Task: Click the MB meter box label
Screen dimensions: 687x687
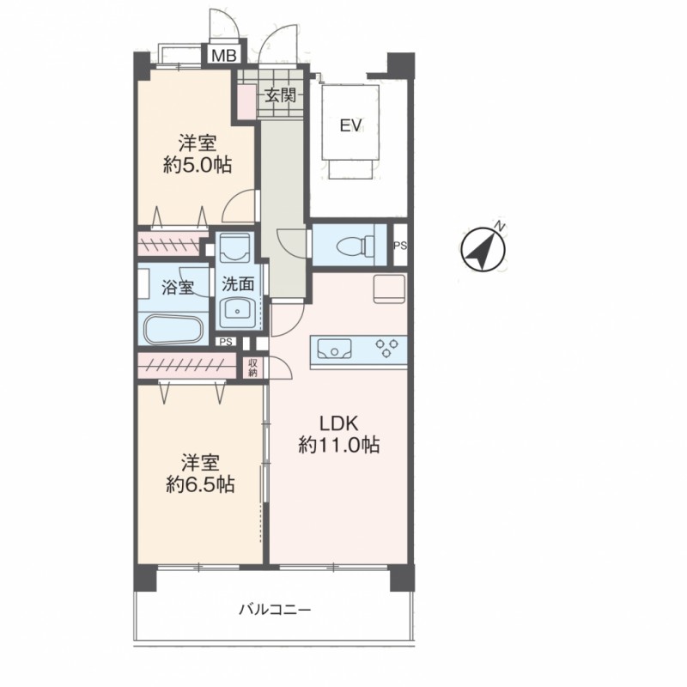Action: (224, 56)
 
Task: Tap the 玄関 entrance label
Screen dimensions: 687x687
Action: (281, 94)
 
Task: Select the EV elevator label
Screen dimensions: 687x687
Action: (351, 125)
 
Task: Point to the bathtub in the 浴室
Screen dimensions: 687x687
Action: (173, 329)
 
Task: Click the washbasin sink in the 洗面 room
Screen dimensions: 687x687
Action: (238, 310)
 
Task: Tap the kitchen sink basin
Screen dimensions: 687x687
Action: (334, 350)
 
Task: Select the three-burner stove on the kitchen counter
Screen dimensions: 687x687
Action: (386, 348)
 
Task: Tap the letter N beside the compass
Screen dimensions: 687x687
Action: (499, 226)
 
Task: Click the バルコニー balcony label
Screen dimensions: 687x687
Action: (275, 610)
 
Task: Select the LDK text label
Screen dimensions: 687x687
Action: (338, 423)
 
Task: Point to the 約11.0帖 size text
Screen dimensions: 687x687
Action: (338, 445)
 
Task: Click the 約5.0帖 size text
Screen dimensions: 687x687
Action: (198, 165)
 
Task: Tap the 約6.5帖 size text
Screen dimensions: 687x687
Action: (200, 484)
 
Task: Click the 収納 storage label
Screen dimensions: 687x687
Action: (252, 368)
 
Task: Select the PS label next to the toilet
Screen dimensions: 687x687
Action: (400, 246)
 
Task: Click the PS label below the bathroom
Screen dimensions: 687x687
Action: (226, 342)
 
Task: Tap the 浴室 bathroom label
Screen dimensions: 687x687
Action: (178, 288)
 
